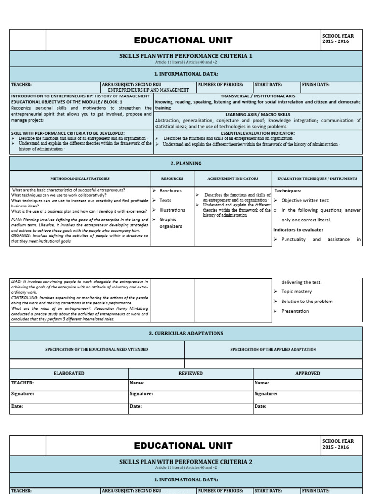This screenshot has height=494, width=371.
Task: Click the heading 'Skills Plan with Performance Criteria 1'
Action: coord(186,56)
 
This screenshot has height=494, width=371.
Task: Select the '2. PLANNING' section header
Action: coord(186,163)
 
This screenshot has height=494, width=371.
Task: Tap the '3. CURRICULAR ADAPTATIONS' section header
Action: coord(186,333)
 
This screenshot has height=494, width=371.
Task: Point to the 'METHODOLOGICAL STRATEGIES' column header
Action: coord(80,178)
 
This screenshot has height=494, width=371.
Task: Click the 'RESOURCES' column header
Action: coord(172,178)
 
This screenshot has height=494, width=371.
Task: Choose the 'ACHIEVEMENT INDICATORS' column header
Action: coord(233,178)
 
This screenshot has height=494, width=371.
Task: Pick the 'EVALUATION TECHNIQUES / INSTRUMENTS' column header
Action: coord(317,178)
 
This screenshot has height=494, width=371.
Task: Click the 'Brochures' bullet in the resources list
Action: coord(171,191)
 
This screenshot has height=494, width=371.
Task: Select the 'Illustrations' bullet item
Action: coord(172,210)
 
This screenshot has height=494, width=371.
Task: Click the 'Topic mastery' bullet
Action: coord(296,291)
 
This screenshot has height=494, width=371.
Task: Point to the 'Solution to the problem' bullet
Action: coord(307,301)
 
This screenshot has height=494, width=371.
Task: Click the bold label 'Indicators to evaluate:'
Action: coord(298,229)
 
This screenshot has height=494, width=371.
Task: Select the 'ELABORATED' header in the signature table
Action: coord(69,373)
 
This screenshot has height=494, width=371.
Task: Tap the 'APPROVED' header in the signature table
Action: coord(307,373)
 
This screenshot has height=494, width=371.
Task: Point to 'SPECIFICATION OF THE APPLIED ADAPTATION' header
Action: coord(273,349)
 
